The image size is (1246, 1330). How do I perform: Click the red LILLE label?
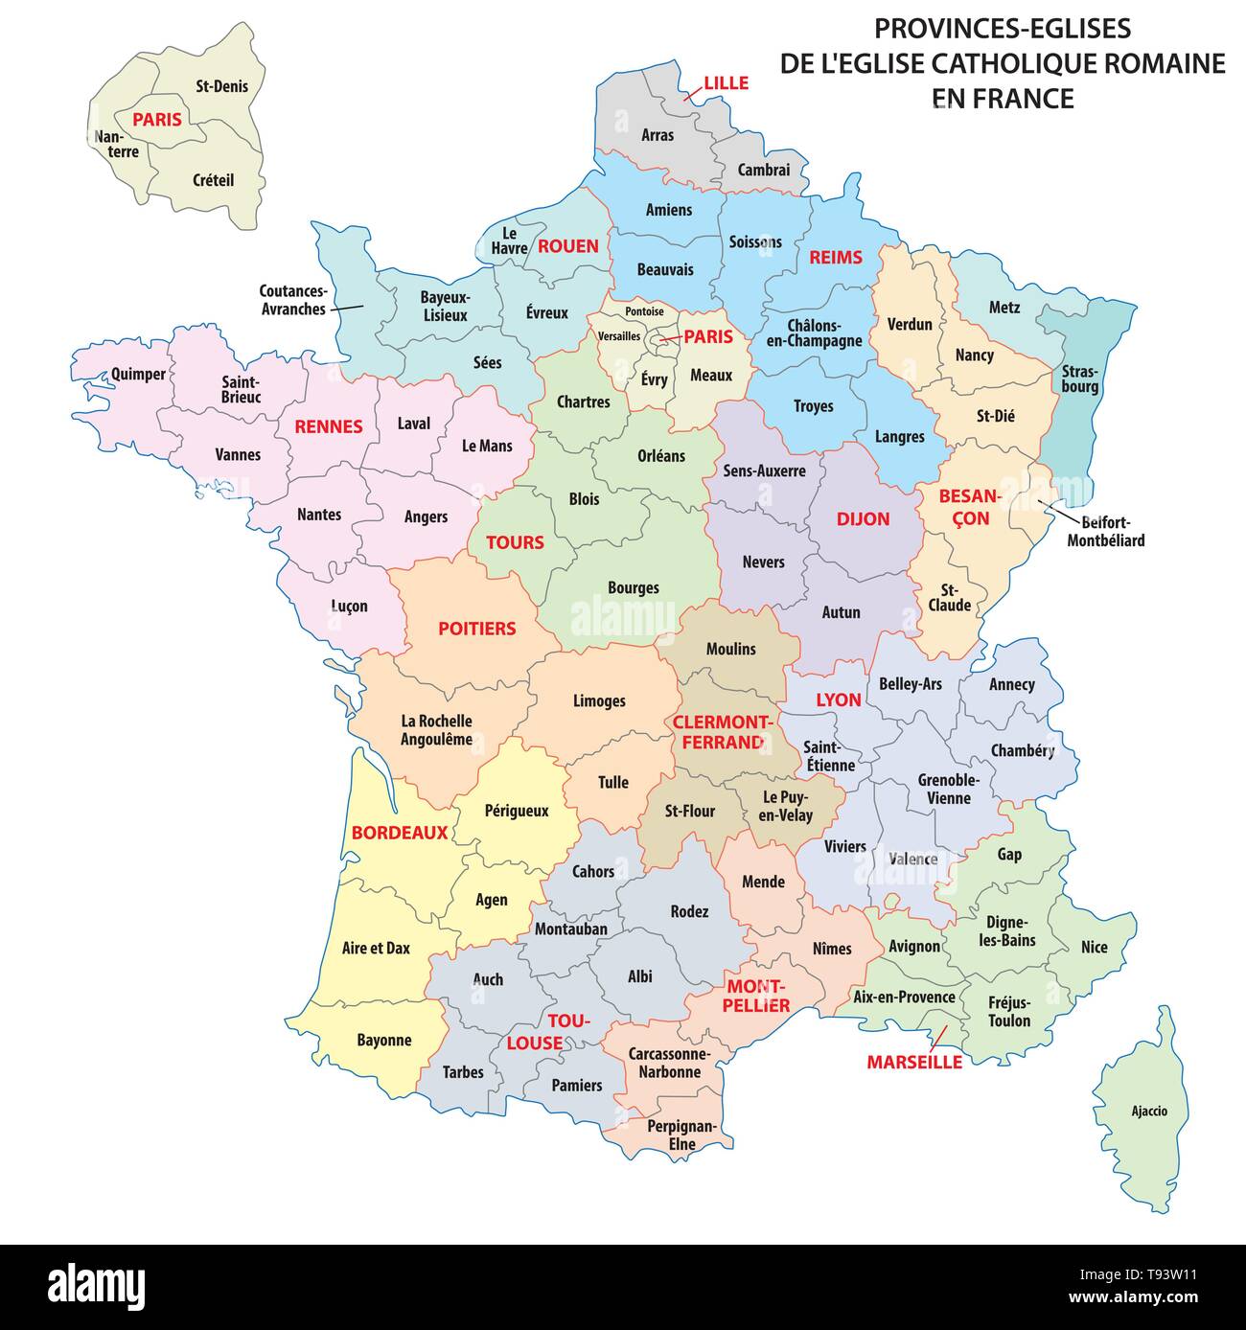point(726,82)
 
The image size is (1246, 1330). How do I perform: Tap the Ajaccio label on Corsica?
point(1149,1112)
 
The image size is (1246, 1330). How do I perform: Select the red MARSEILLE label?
point(913,1062)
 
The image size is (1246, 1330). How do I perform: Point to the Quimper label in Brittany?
point(138,375)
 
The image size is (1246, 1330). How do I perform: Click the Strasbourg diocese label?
point(1080,378)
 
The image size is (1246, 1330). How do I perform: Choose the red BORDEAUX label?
point(400,833)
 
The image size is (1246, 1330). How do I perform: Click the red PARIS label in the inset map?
point(156,120)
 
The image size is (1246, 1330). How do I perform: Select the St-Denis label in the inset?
point(221,86)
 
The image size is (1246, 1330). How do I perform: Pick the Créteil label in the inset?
point(213,179)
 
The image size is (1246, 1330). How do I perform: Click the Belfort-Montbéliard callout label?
point(1106,531)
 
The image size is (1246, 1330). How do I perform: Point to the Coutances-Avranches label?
point(293,300)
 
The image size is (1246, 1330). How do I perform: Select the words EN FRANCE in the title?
point(1003,98)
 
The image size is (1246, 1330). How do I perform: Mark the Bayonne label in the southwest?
point(384,1040)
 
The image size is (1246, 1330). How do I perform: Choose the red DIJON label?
point(863,519)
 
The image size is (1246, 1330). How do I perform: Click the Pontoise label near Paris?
point(643,312)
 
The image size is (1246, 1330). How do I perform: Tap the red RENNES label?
point(329,426)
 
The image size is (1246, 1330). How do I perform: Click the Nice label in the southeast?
point(1094,947)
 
